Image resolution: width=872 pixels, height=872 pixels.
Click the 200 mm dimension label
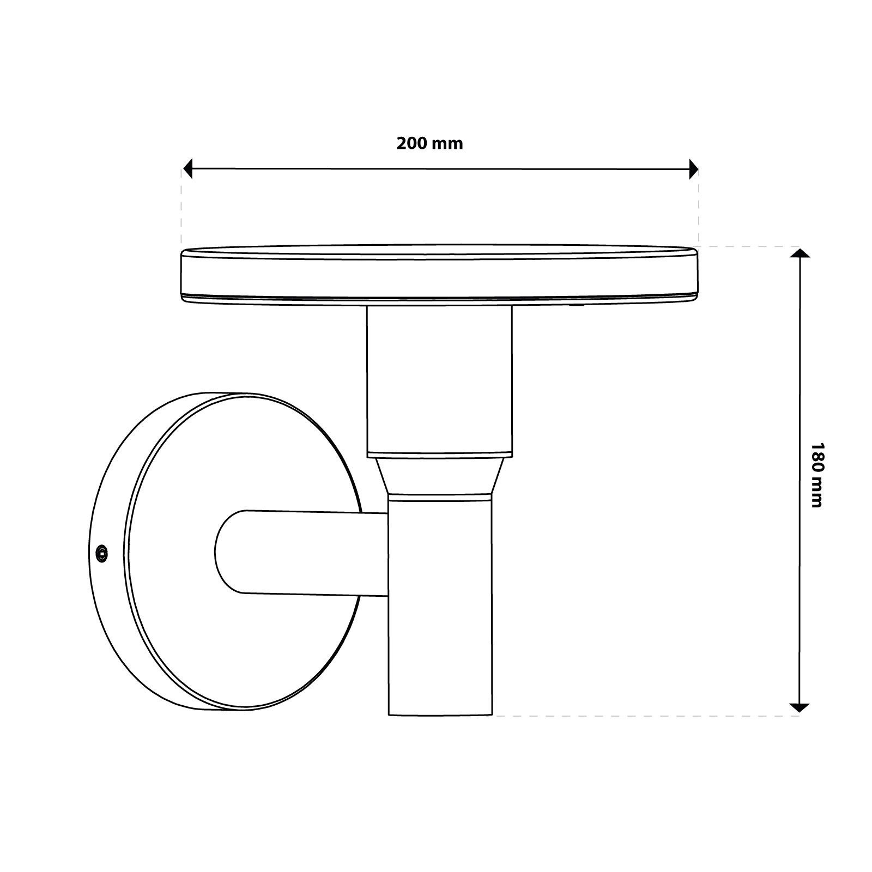pos(429,143)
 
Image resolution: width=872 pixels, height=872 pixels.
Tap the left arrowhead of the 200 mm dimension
pos(188,169)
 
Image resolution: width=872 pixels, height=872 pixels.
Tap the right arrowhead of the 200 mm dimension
pos(693,169)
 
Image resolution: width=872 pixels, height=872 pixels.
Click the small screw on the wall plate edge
pos(101,554)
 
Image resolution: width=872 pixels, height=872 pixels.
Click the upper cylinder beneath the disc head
pos(439,380)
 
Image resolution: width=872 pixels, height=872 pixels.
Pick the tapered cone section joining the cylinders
pos(439,476)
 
